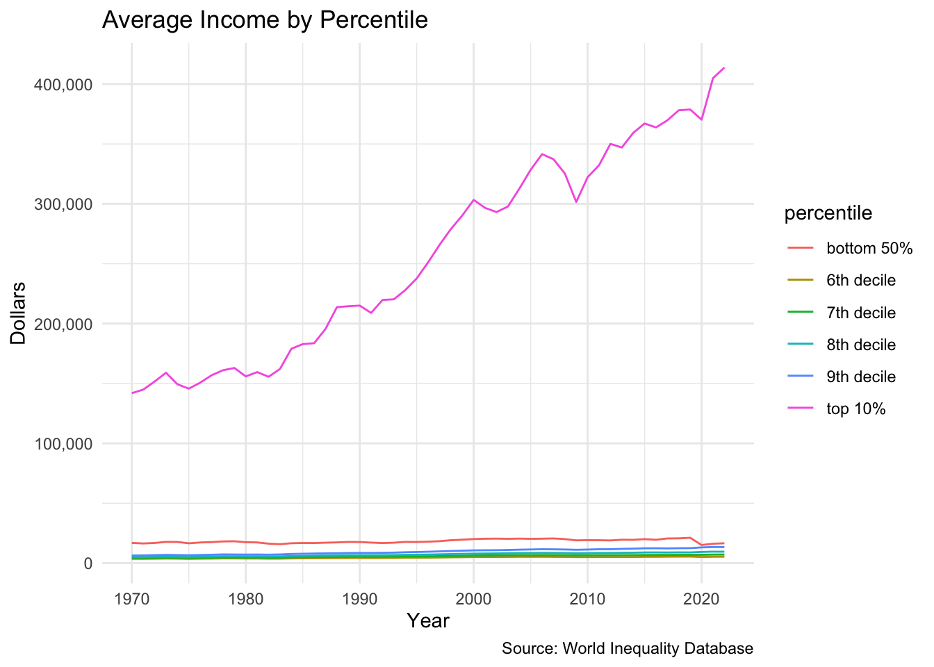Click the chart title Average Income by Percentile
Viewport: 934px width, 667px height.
[x=265, y=20]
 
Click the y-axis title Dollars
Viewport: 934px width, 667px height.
[x=18, y=313]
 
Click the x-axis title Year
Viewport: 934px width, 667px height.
[x=428, y=620]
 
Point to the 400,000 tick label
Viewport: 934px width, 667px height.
[x=63, y=85]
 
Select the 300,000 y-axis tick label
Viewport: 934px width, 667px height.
[x=63, y=204]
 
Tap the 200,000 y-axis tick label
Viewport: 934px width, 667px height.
[x=63, y=324]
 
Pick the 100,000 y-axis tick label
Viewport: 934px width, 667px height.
[x=63, y=444]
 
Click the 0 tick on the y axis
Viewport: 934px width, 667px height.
[x=88, y=563]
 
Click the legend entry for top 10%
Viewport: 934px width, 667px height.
[x=855, y=409]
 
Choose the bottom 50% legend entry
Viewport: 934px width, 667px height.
[x=869, y=249]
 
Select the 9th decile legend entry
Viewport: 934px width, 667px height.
[x=860, y=377]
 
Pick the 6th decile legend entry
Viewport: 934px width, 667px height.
[x=860, y=281]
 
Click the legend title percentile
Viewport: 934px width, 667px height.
[x=828, y=213]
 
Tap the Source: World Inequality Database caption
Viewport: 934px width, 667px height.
[x=627, y=649]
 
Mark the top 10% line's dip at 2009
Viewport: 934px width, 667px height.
[x=576, y=202]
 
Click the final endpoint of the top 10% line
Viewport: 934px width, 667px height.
[x=724, y=68]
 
